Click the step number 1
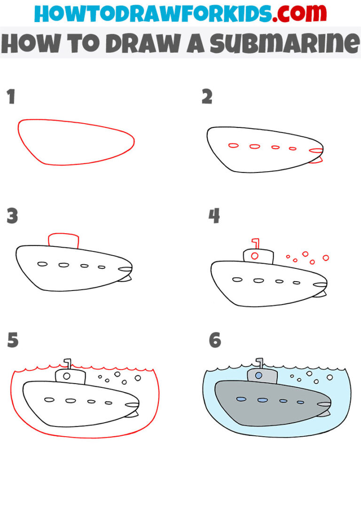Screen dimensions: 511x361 (11, 97)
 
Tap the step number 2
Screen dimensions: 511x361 (207, 97)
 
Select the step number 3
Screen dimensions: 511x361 (12, 217)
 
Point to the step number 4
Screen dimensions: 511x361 (214, 217)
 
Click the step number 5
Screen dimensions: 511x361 (13, 340)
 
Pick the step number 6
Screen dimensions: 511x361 (215, 340)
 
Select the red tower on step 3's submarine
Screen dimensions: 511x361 (63, 239)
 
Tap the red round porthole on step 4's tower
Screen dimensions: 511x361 (255, 256)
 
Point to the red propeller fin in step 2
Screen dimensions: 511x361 (318, 161)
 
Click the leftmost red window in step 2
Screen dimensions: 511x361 (233, 145)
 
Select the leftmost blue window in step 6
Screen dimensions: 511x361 (241, 399)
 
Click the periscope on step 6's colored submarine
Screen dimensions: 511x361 (259, 363)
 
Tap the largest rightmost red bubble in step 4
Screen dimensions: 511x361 (325, 258)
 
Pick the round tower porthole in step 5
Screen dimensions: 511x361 (67, 376)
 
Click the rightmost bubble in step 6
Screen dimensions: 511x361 (330, 377)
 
